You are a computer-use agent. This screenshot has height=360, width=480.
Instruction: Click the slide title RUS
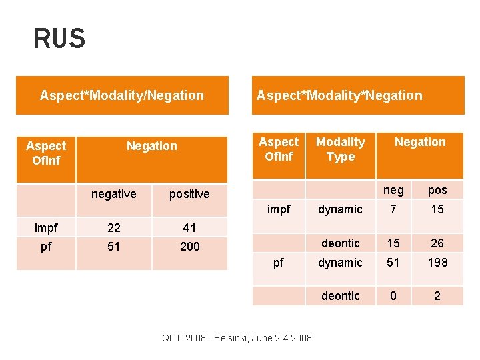59,39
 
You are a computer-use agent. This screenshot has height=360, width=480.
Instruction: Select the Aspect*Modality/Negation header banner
122,95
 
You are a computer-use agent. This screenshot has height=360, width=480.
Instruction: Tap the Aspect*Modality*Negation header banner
339,95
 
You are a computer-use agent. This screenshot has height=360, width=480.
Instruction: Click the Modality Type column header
340,149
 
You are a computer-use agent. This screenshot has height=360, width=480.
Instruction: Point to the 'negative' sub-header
113,194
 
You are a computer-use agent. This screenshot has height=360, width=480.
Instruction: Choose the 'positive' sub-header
189,194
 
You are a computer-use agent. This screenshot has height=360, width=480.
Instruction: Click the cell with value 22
113,228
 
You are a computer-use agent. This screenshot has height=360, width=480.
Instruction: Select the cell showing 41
189,228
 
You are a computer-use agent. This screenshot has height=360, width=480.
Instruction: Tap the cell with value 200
189,247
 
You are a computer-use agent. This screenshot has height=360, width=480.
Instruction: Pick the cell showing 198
437,263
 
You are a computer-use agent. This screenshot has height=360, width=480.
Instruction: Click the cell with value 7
393,209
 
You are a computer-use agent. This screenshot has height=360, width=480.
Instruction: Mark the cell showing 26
437,243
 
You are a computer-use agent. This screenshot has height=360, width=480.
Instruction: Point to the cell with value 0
393,296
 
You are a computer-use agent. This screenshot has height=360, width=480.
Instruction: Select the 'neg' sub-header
393,190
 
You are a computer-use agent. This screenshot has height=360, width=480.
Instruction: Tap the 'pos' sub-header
437,190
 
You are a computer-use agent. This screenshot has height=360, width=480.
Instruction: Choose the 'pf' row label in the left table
46,247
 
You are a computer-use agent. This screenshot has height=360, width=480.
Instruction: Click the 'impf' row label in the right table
279,209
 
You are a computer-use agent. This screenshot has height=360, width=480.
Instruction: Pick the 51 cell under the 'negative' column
113,247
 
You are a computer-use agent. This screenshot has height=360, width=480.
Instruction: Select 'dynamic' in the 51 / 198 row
340,263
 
